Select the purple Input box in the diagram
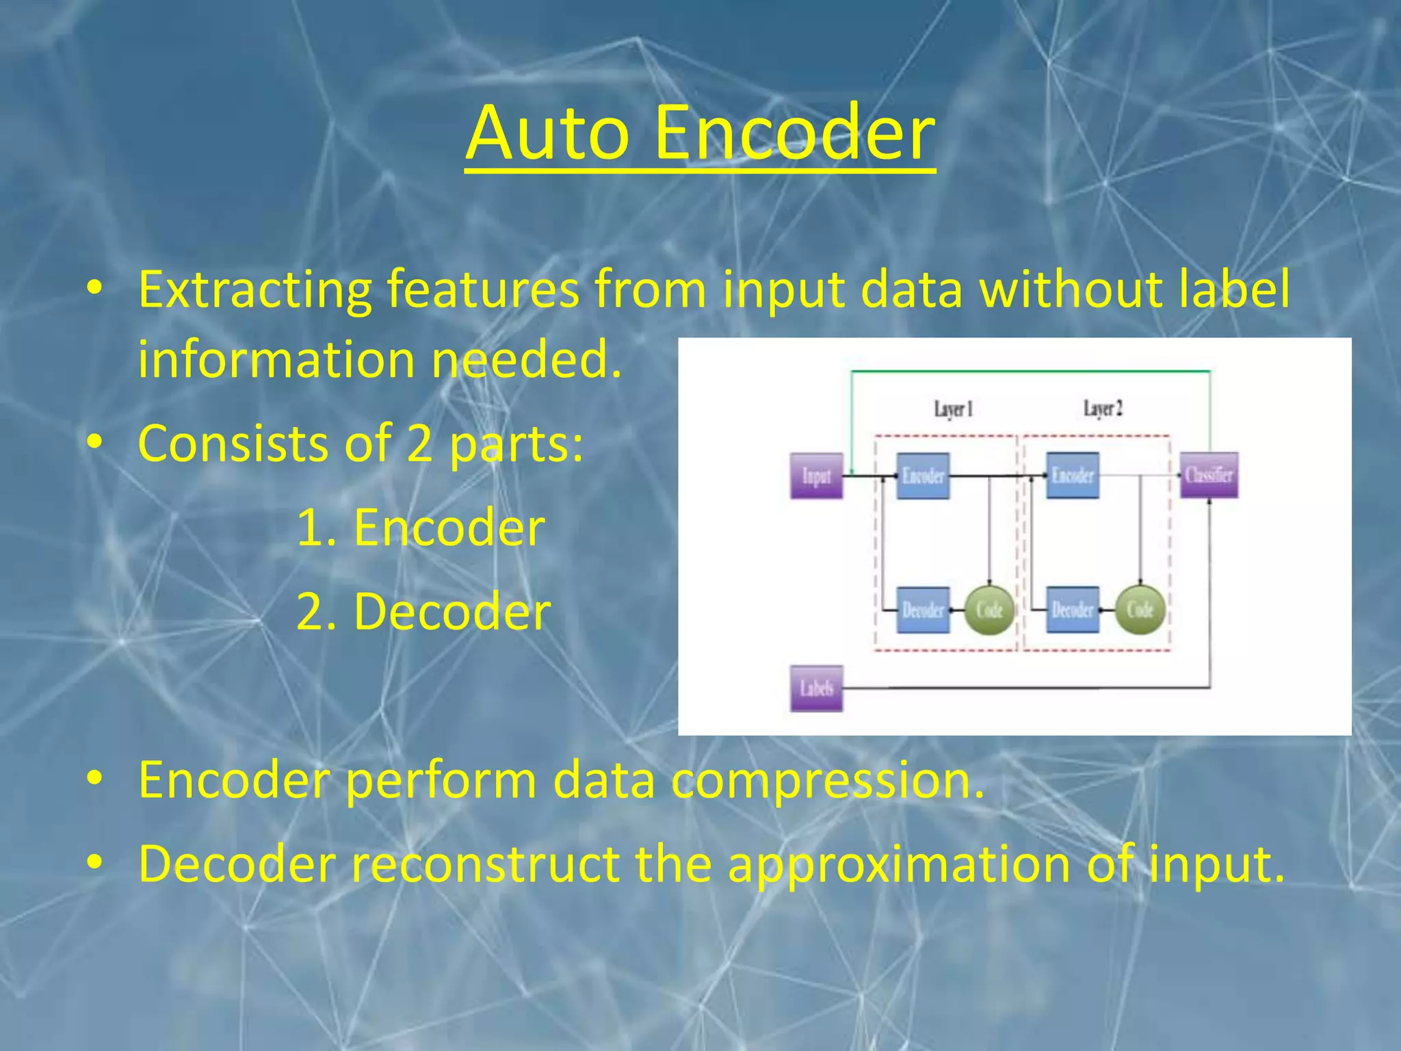point(816,476)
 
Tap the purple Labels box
point(816,688)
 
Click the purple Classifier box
point(1209,475)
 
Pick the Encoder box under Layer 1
point(923,476)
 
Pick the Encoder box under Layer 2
point(1073,475)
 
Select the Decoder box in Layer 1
point(923,610)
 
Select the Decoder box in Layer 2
point(1073,610)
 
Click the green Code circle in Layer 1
point(989,610)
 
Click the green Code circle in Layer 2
point(1140,610)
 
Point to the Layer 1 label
point(953,409)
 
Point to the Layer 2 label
point(1103,408)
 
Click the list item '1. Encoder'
point(421,528)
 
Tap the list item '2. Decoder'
point(423,611)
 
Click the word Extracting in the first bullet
point(255,290)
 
